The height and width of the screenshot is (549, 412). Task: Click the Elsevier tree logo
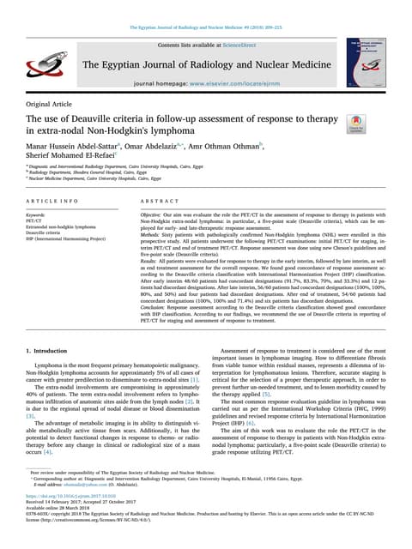click(41, 64)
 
